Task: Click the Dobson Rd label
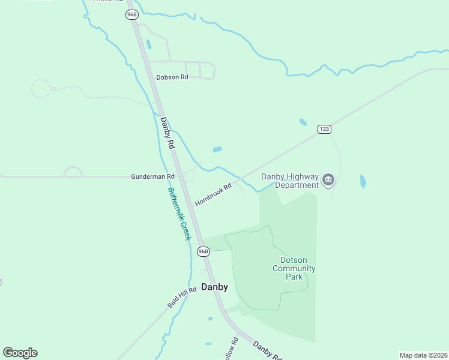click(x=172, y=77)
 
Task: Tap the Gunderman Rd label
click(x=152, y=176)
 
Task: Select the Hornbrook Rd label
click(x=212, y=195)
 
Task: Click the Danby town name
click(x=214, y=287)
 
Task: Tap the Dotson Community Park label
click(x=294, y=268)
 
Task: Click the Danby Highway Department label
click(x=289, y=180)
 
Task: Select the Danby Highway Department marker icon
click(x=328, y=180)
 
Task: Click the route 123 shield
click(x=324, y=129)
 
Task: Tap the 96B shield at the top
click(x=132, y=14)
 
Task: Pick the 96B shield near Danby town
click(x=203, y=251)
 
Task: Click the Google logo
click(x=20, y=353)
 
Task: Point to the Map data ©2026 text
click(x=423, y=355)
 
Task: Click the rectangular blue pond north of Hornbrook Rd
click(x=217, y=149)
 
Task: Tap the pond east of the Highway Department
click(x=363, y=181)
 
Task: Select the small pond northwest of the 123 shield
click(x=303, y=122)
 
